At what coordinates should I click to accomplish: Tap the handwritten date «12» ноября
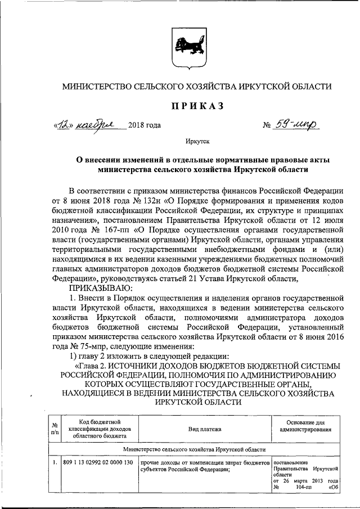[x=89, y=125]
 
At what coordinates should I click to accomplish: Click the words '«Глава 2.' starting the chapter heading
[x=88, y=366]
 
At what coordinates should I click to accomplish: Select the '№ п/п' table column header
[x=55, y=429]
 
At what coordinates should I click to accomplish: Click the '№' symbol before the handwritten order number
[x=267, y=125]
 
